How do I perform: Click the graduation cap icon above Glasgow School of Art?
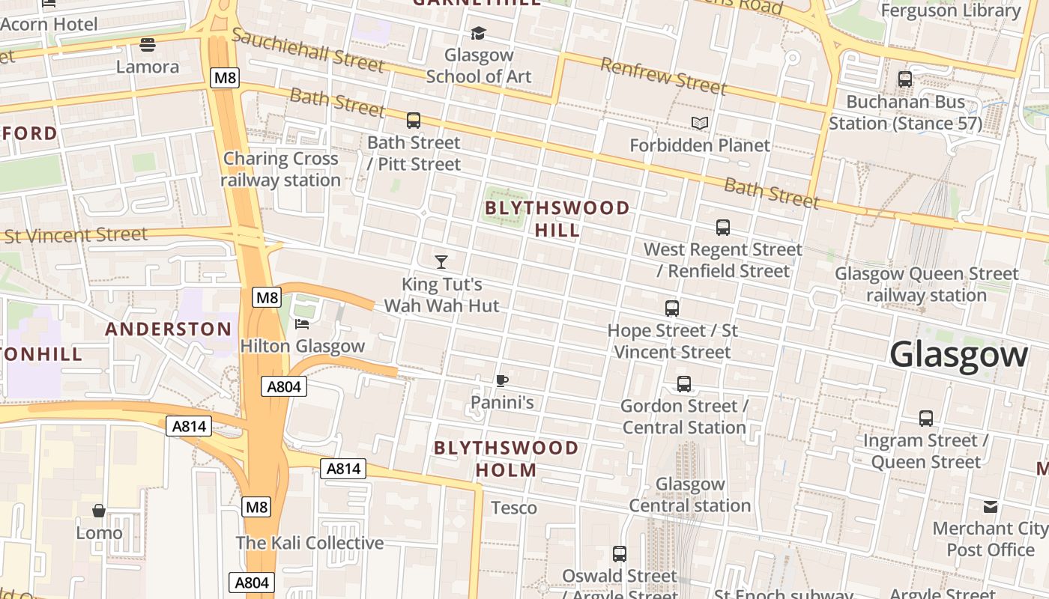coord(478,33)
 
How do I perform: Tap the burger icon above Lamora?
coord(148,45)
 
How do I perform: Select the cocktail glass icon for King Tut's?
coord(441,262)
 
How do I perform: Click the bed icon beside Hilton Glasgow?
coord(302,323)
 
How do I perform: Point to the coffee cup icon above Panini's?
coord(502,380)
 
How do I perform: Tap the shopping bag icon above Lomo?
coord(99,511)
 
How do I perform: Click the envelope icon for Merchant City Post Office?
coord(991,507)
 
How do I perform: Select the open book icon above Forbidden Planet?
coord(700,123)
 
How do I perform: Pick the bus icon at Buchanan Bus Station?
coord(905,79)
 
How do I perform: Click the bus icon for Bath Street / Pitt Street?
coord(414,120)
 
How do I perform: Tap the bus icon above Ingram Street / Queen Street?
coord(926,419)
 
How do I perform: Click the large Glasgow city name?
coord(958,354)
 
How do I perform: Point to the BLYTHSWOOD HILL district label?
coord(557,219)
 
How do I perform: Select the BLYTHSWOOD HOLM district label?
coord(507,459)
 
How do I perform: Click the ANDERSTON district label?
coord(169,329)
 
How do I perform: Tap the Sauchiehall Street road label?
coord(308,50)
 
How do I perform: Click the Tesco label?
coord(514,508)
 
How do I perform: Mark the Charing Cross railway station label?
coord(281,169)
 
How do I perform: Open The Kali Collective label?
coord(309,543)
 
